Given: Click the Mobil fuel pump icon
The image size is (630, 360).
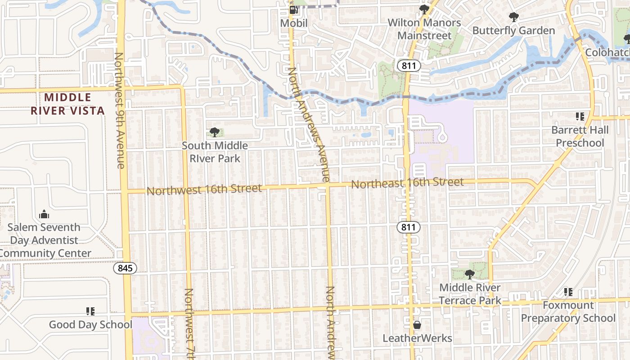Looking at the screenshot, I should pyautogui.click(x=293, y=10).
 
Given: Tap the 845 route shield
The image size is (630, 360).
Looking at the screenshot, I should pyautogui.click(x=125, y=268).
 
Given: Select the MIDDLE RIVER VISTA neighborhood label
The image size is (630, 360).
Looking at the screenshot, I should pyautogui.click(x=67, y=104).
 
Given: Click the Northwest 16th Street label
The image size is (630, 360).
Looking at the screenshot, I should pyautogui.click(x=204, y=189).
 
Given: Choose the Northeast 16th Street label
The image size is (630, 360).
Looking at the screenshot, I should pyautogui.click(x=407, y=182).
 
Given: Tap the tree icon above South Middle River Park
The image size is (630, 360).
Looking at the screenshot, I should pyautogui.click(x=215, y=132).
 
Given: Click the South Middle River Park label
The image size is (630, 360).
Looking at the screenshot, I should pyautogui.click(x=215, y=152).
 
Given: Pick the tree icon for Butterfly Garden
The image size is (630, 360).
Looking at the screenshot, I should pyautogui.click(x=513, y=18).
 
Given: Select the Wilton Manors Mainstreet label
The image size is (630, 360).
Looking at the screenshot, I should pyautogui.click(x=424, y=29).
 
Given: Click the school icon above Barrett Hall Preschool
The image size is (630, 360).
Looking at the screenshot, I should pyautogui.click(x=580, y=117).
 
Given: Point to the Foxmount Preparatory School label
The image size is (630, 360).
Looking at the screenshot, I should pyautogui.click(x=568, y=311).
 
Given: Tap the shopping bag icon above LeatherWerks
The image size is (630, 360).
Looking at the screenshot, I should pyautogui.click(x=417, y=325).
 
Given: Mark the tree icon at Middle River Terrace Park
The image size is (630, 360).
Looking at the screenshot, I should pyautogui.click(x=470, y=274).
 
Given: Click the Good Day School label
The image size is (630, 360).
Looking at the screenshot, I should pyautogui.click(x=90, y=324).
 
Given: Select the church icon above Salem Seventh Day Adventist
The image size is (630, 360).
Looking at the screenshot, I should pyautogui.click(x=44, y=214).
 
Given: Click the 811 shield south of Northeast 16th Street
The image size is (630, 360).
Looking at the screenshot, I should pyautogui.click(x=409, y=227).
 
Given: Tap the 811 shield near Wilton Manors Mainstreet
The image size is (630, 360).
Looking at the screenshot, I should pyautogui.click(x=409, y=66).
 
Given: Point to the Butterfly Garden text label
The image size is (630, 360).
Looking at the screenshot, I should pyautogui.click(x=513, y=31).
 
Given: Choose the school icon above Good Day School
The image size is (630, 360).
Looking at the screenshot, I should pyautogui.click(x=90, y=311).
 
